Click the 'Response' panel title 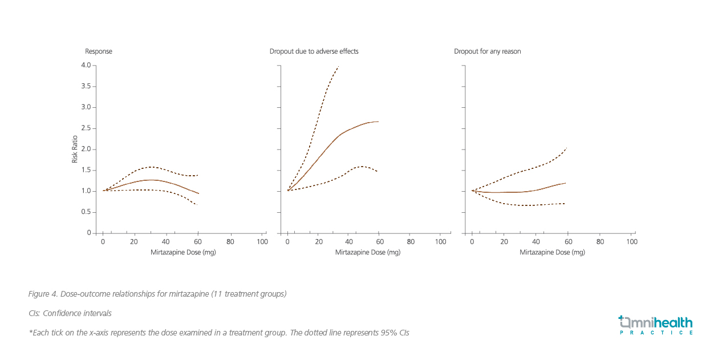coord(98,51)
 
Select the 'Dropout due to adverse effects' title coord(314,51)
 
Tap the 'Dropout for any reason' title coord(487,51)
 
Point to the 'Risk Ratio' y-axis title coord(74,149)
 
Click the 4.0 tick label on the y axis coord(86,66)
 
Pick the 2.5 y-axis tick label coord(86,128)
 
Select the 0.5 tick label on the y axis coord(86,212)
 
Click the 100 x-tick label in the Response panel coord(262,242)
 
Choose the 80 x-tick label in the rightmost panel coord(600,242)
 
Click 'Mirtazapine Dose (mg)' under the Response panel coord(183,252)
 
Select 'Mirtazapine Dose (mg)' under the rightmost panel coord(552,252)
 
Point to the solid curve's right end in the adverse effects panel coord(378,122)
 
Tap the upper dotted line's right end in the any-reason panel coord(566,148)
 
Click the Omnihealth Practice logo coord(655,325)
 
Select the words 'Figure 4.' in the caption coord(42,294)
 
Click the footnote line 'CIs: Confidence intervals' coord(70,313)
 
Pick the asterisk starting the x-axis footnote coord(30,332)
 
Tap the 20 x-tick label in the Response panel coord(135,242)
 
